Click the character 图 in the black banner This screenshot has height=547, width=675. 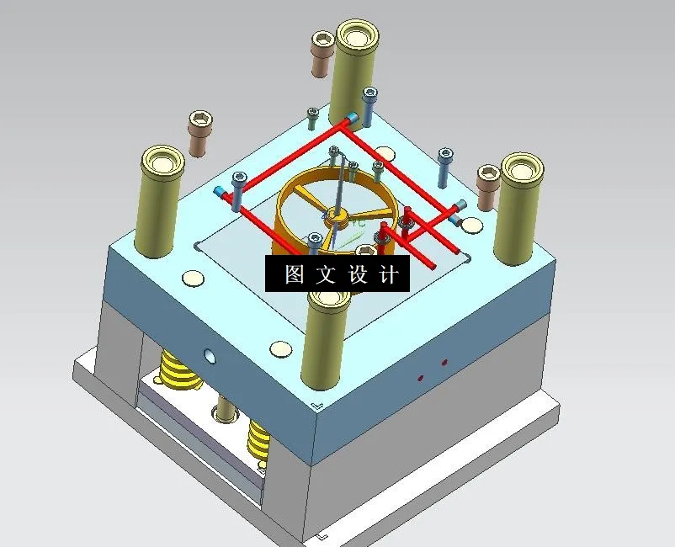coord(294,275)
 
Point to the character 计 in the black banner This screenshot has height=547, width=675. coord(389,275)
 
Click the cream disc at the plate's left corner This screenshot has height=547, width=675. coord(193,278)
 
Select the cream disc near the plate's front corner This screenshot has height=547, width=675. coord(281,348)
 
